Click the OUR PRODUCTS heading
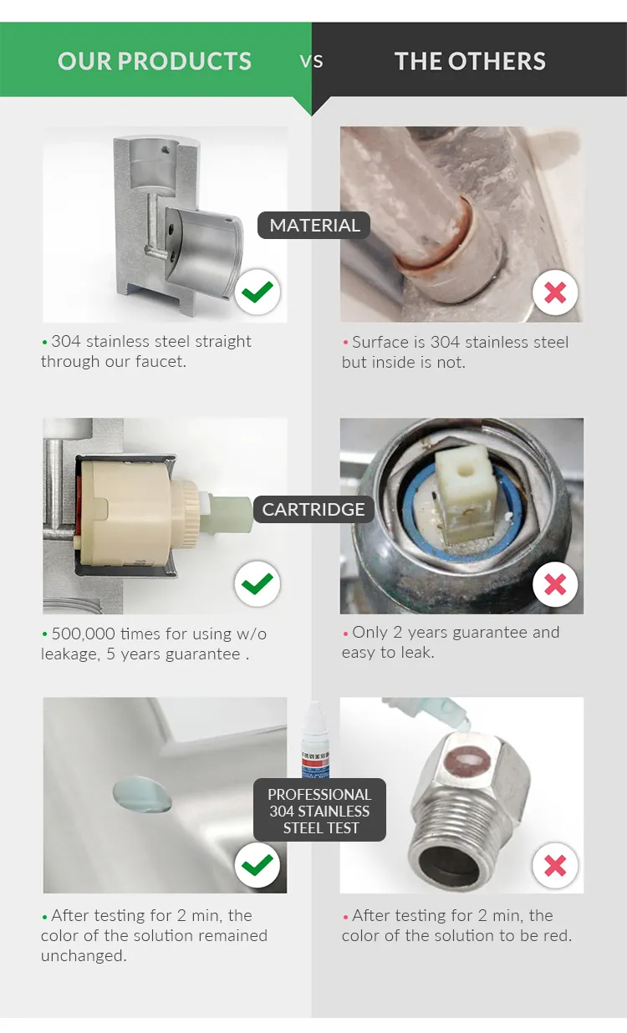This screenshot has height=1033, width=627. [155, 61]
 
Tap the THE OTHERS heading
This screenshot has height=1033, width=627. [470, 61]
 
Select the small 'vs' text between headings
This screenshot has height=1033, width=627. [312, 61]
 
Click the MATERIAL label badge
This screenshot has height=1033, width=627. [314, 225]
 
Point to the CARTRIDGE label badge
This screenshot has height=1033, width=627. [313, 509]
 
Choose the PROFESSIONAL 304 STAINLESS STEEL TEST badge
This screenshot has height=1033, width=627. [319, 811]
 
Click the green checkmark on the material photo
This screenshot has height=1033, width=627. [257, 292]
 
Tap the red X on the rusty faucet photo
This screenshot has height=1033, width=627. [556, 293]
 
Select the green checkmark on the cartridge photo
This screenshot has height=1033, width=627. [257, 583]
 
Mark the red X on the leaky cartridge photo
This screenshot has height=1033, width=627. [556, 583]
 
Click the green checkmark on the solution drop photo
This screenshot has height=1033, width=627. [257, 865]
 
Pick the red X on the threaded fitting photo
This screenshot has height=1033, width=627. [556, 865]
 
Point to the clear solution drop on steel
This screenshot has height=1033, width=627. [143, 795]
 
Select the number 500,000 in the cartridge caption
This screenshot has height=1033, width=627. [84, 634]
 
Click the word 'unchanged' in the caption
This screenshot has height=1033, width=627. [84, 955]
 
